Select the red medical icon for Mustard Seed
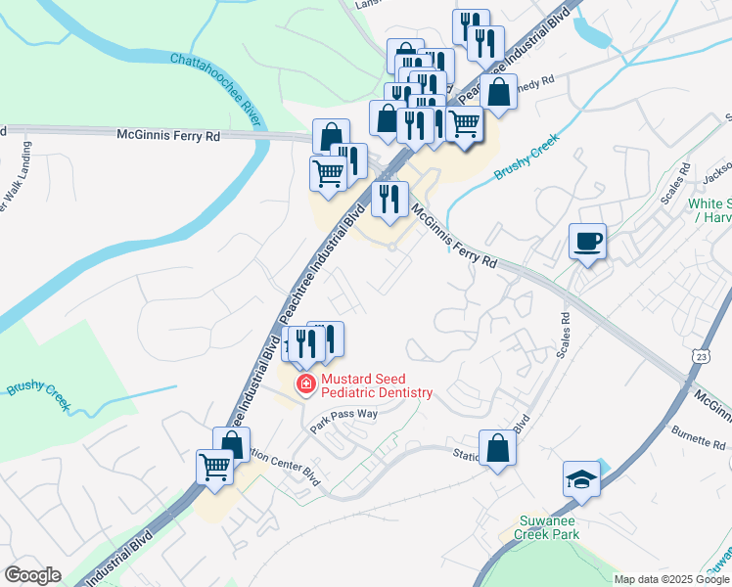[x=305, y=384]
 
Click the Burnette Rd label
[x=697, y=436]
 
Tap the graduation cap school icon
[x=581, y=480]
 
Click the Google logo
[x=32, y=575]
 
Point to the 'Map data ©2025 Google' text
[x=672, y=579]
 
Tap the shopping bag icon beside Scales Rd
[x=497, y=449]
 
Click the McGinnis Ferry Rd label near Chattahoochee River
[x=168, y=135]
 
